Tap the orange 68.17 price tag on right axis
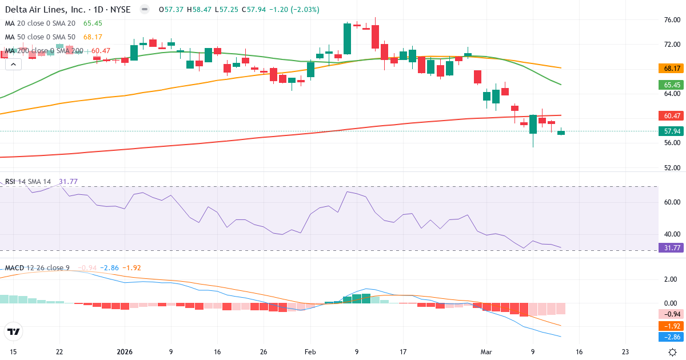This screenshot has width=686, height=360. pos(671,69)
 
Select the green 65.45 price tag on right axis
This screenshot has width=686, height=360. pos(671,85)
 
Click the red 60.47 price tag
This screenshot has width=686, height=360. pos(671,116)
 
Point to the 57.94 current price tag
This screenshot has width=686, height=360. pos(671,131)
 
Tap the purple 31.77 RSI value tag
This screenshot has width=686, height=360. pos(671,247)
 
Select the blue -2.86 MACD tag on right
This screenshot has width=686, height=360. pos(671,337)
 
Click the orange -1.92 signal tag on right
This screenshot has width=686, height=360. pos(671,326)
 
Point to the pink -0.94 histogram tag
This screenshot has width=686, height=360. pos(671,314)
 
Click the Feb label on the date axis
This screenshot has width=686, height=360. pos(310,352)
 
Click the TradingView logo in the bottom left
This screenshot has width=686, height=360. pos(14,331)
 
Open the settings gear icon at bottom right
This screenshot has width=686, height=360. pos(673,352)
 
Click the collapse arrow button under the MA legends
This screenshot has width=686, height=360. pos(13,65)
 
